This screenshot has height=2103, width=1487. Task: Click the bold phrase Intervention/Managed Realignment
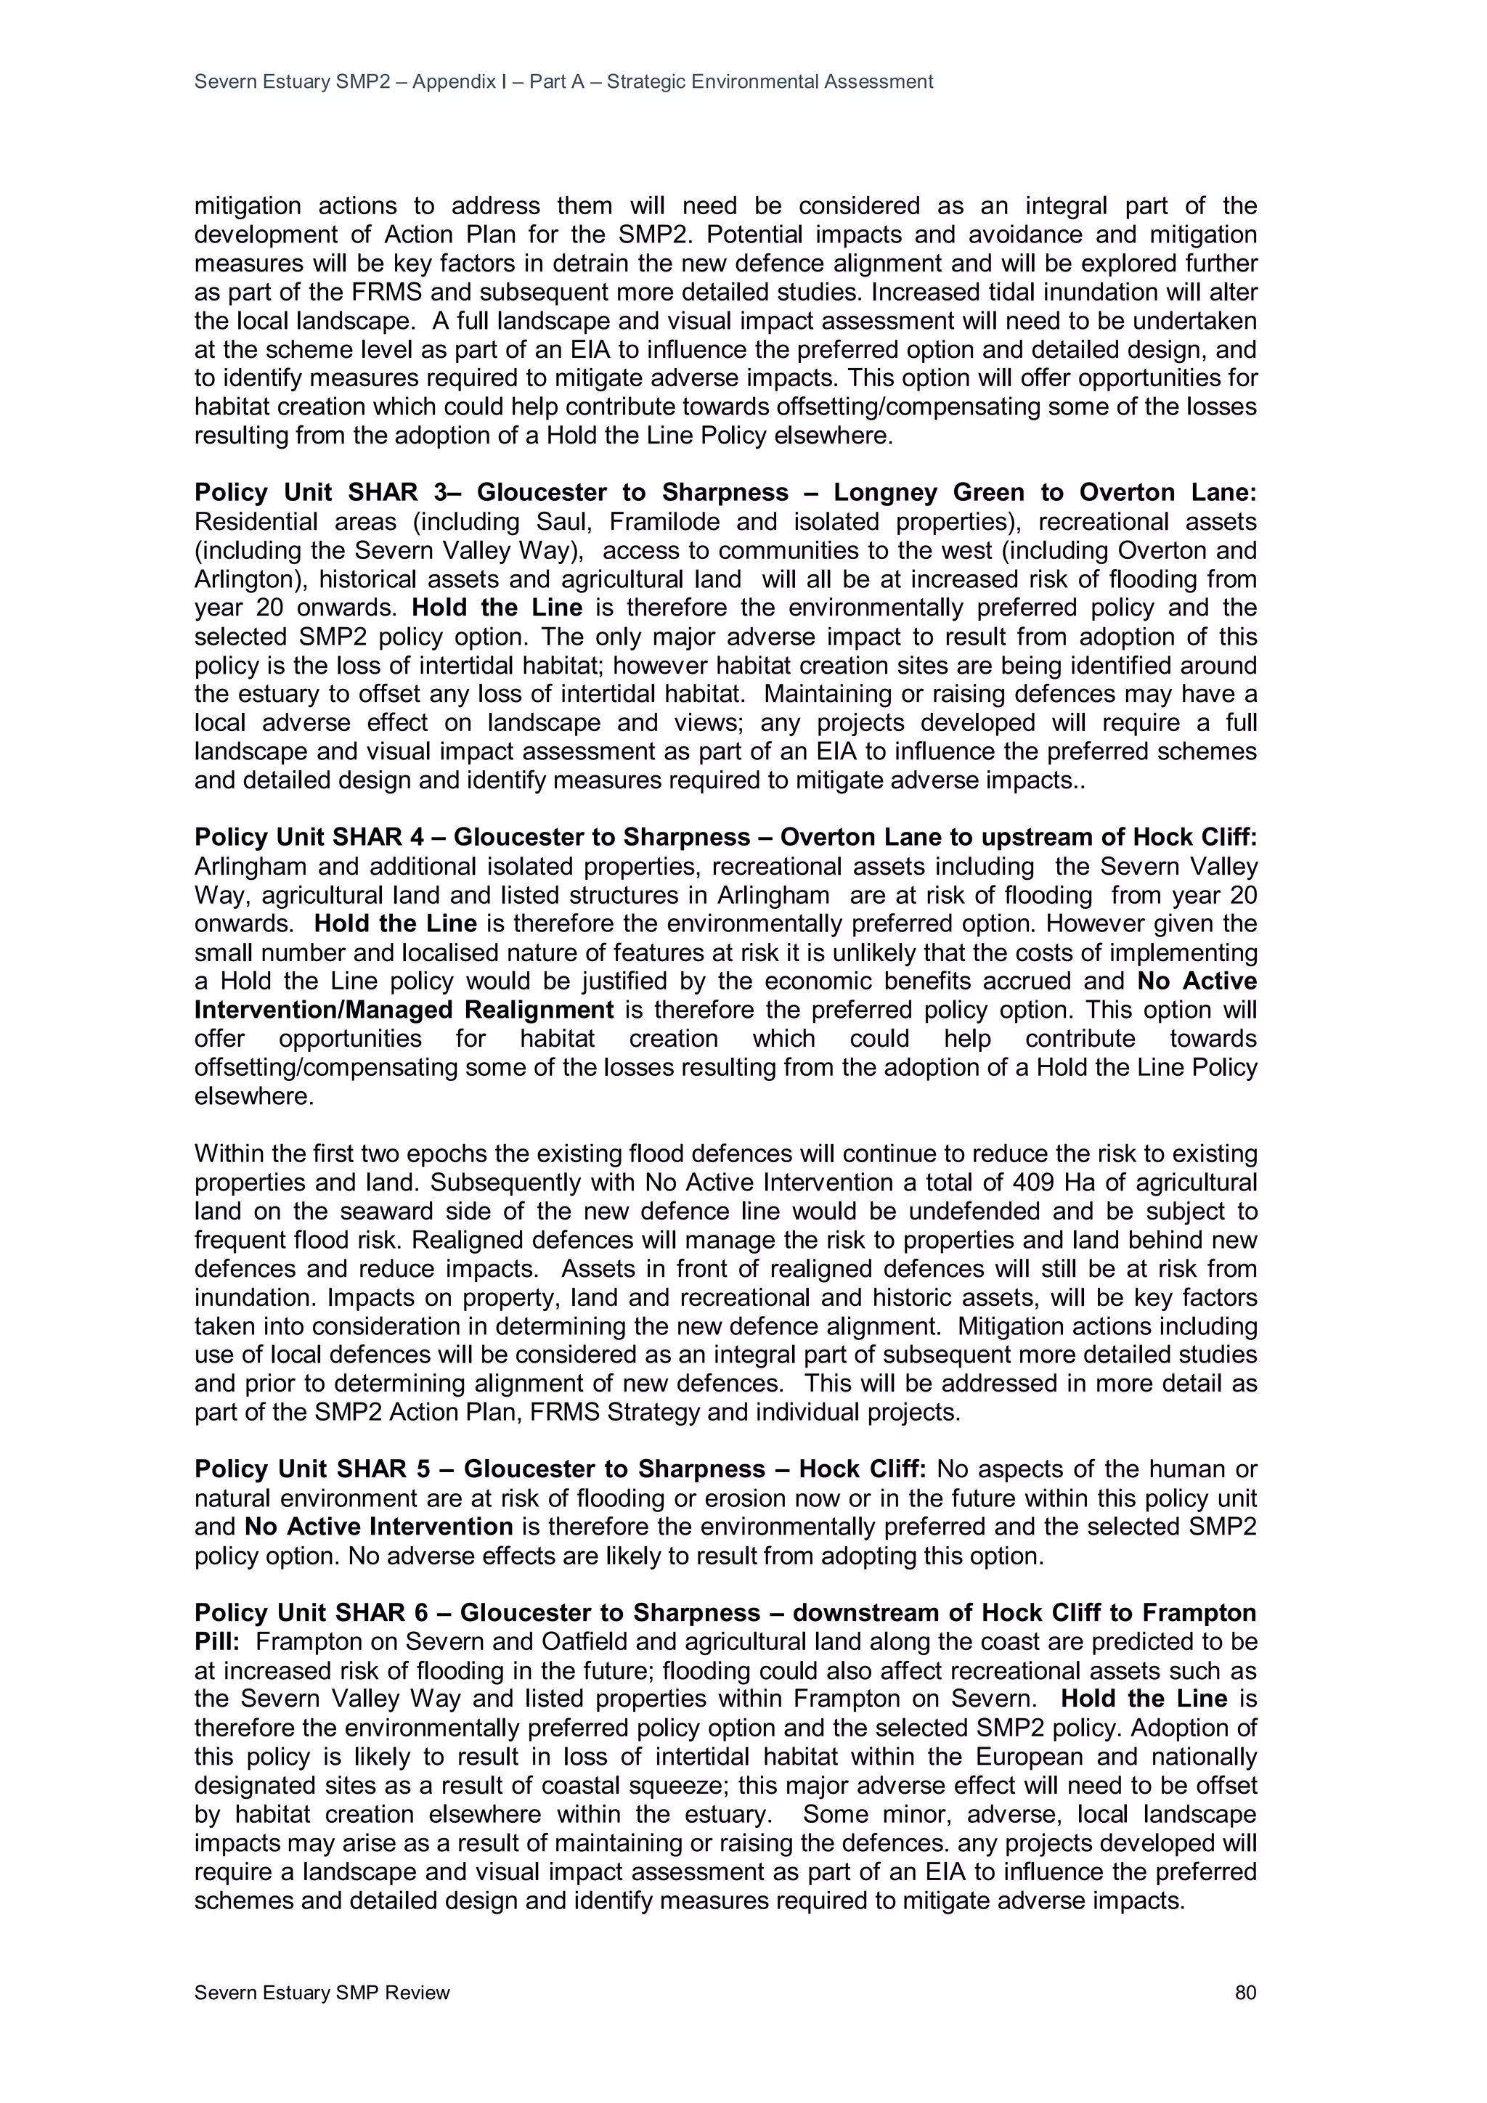(x=403, y=1010)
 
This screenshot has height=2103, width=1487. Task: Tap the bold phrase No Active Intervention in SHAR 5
(x=378, y=1527)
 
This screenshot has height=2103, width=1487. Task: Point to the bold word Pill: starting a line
(x=216, y=1641)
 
